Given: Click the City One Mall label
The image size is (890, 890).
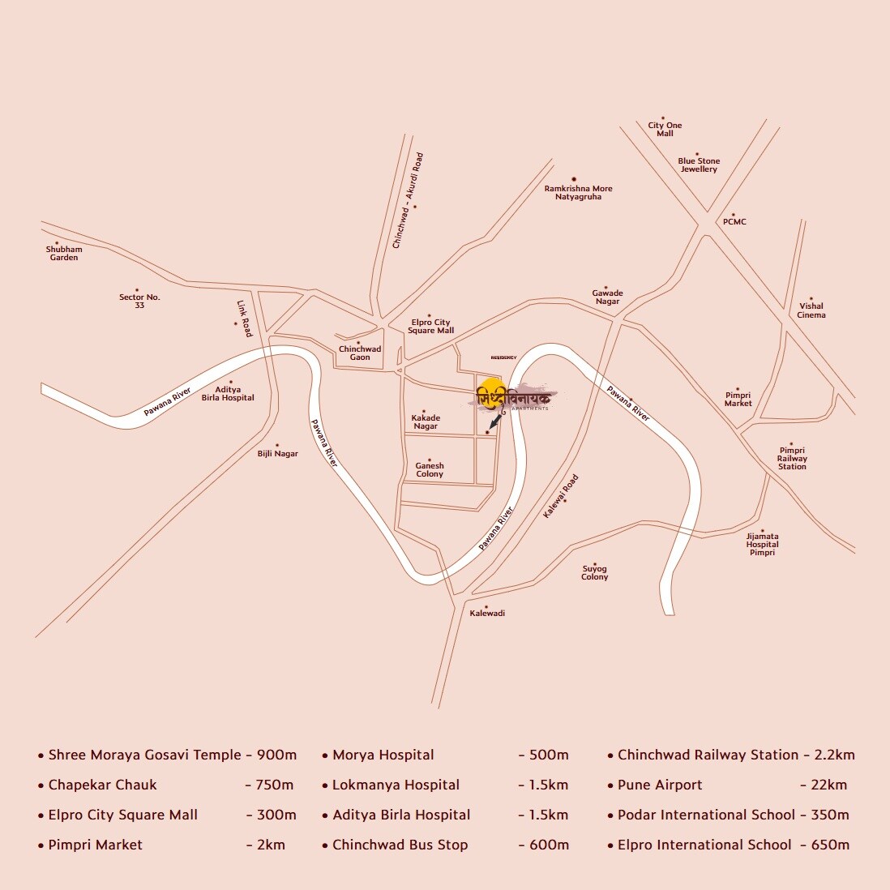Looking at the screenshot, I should [x=665, y=129].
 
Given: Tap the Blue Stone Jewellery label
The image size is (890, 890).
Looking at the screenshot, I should [x=699, y=165].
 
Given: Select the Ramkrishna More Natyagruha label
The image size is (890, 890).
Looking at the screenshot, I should [x=578, y=192].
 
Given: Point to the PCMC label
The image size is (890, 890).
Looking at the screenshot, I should [x=734, y=222].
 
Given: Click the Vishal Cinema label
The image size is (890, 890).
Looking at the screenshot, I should [x=811, y=310].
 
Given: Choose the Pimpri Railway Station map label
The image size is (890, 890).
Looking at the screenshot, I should [x=792, y=458].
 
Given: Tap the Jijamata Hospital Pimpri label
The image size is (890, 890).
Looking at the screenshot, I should [x=762, y=544].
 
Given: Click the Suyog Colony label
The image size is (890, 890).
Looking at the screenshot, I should [x=594, y=572].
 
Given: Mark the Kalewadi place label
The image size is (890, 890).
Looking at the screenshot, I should [x=487, y=613].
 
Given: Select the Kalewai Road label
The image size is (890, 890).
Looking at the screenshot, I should [x=561, y=496].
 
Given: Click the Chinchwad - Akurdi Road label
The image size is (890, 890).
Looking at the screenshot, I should [x=407, y=200].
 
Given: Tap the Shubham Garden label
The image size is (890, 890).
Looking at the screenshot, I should [x=64, y=253].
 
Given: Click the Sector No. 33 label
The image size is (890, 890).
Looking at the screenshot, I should [x=139, y=301].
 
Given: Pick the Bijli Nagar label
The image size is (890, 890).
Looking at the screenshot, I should [x=277, y=454].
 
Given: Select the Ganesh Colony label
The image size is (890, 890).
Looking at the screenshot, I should [x=430, y=470].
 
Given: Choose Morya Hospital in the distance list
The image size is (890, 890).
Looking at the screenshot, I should [x=383, y=755].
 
